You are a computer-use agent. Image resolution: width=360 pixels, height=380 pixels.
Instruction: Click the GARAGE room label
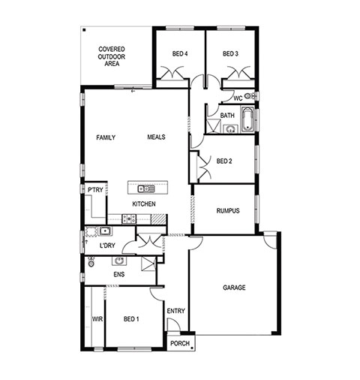234,288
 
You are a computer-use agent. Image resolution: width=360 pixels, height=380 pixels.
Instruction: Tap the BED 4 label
180,53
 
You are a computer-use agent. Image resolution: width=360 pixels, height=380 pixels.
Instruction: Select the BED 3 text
230,53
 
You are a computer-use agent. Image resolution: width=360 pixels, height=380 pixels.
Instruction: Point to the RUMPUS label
228,211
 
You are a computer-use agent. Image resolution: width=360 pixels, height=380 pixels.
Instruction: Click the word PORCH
180,343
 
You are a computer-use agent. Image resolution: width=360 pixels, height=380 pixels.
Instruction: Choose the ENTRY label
176,311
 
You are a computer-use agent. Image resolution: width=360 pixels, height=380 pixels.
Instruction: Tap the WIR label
97,319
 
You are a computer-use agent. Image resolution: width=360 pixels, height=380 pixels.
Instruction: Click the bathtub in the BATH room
247,119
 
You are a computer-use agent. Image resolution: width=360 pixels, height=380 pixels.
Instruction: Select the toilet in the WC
249,95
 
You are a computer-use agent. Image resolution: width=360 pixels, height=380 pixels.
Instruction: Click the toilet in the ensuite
91,262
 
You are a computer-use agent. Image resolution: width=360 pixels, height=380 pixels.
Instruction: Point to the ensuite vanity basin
119,261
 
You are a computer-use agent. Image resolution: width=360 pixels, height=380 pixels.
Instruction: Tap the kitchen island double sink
146,188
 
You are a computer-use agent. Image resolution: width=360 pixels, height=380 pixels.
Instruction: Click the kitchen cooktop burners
129,219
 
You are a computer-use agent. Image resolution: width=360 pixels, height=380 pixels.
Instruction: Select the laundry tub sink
105,231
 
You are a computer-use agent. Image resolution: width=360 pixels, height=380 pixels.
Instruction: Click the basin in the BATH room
230,129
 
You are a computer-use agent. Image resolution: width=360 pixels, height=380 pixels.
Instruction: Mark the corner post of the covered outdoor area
84,30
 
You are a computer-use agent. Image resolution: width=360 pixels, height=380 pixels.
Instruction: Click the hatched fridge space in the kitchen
158,219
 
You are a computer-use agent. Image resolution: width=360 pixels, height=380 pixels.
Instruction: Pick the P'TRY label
95,190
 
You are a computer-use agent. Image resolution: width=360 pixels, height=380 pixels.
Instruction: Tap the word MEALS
156,137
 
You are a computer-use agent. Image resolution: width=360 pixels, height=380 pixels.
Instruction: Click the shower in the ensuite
148,264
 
